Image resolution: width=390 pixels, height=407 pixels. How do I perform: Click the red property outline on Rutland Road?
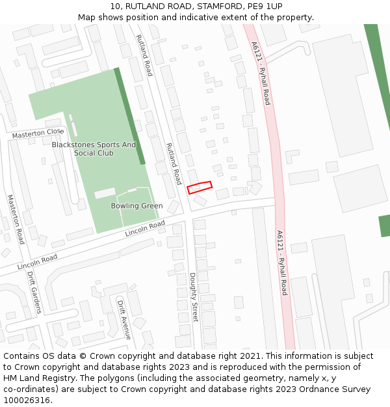200,188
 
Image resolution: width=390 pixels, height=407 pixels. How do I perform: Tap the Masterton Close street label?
38,133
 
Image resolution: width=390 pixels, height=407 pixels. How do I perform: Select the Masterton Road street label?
16,219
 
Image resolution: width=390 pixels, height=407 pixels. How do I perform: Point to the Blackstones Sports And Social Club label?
94,148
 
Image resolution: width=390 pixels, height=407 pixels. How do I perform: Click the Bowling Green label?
136,206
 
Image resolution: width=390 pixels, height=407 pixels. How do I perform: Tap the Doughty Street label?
194,297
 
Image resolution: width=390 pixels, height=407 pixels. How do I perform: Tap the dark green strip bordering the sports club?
129,115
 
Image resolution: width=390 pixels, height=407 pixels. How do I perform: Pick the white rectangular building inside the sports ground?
105,193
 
